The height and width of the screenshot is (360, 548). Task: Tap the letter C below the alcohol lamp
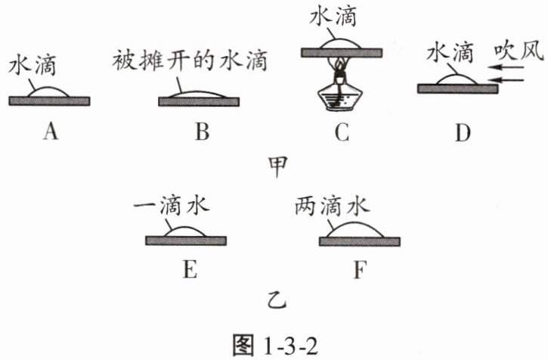coord(342,132)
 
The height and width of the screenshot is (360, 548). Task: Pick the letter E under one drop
coord(188,268)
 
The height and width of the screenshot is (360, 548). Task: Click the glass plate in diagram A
coord(50,101)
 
